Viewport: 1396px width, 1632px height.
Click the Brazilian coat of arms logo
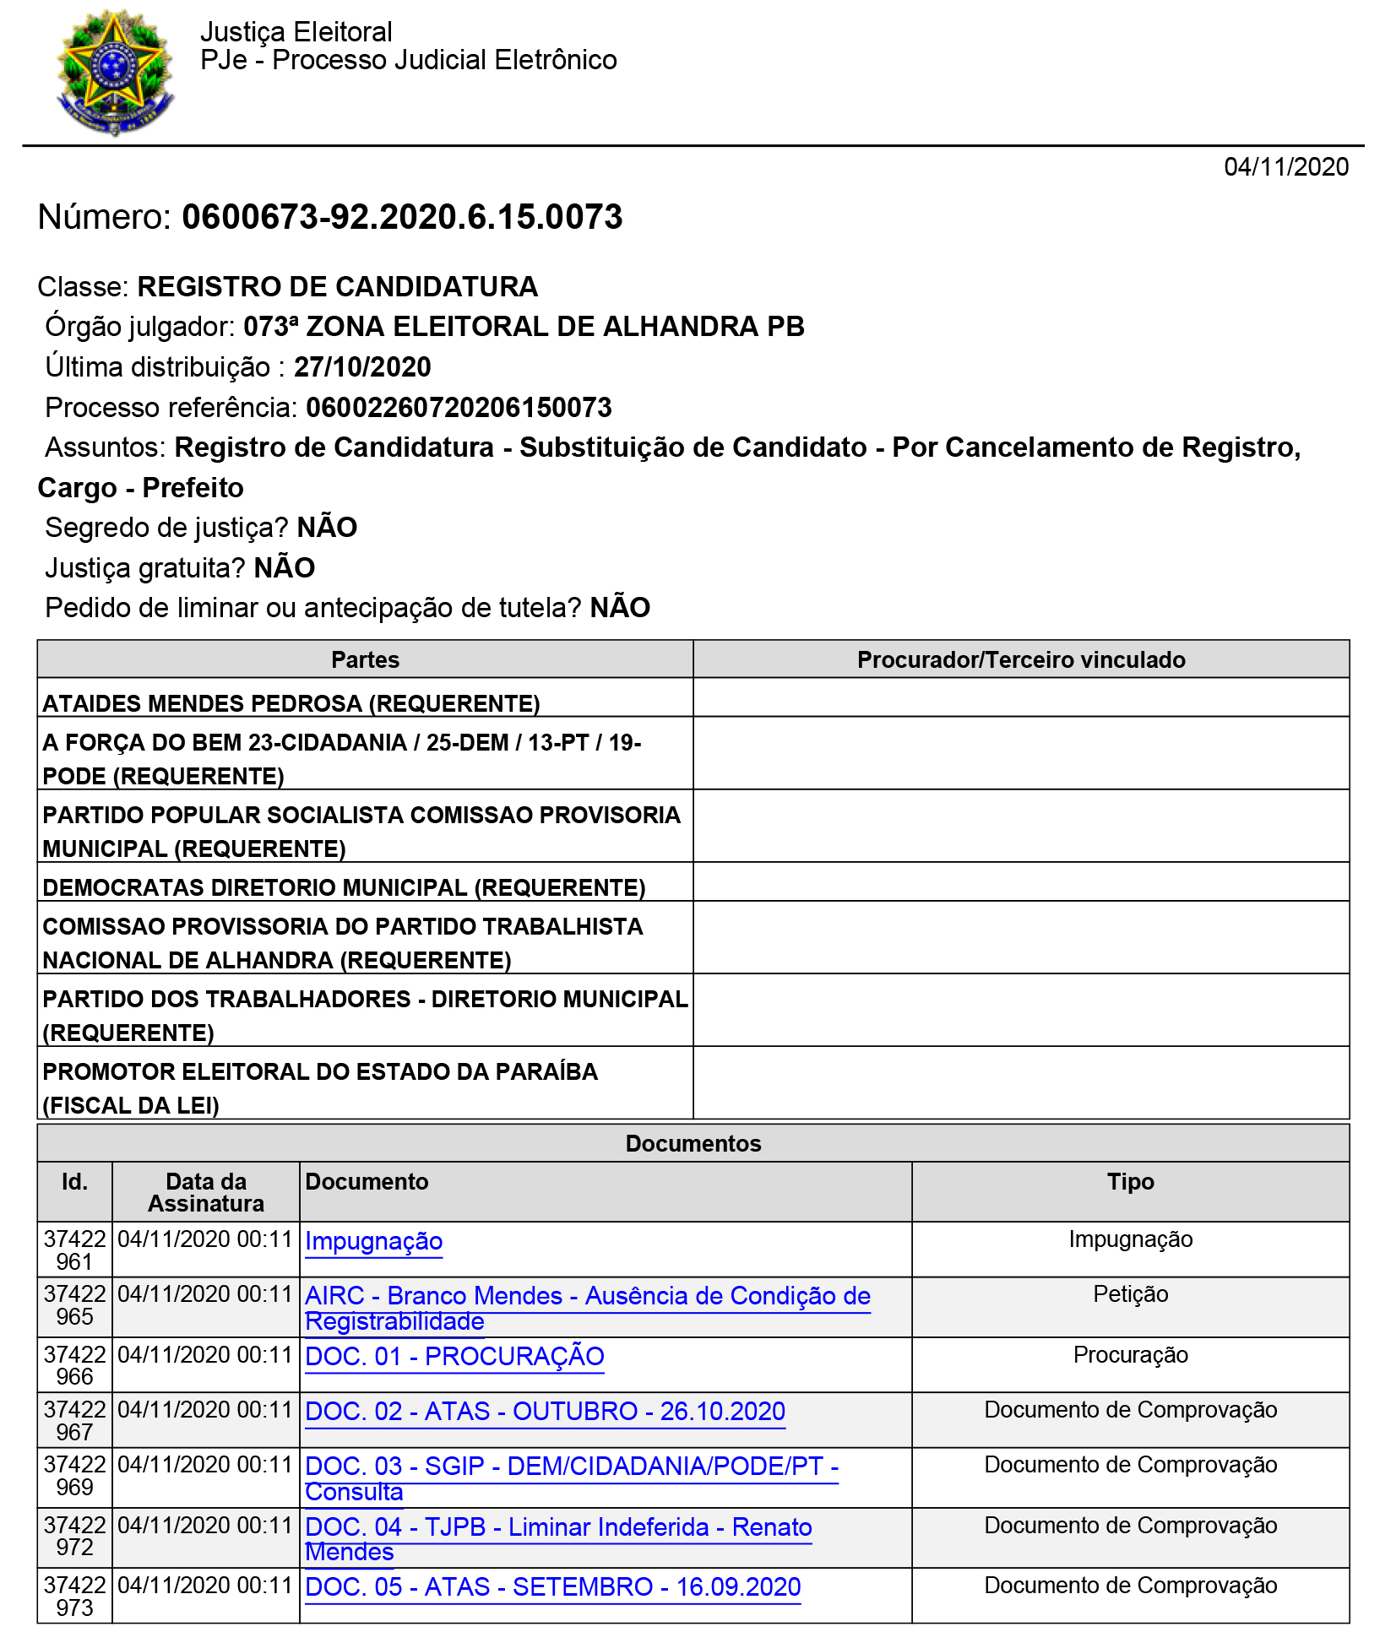tap(115, 72)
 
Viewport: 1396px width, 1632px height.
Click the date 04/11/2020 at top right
tap(1285, 167)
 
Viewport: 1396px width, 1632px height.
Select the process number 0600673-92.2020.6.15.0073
tap(402, 217)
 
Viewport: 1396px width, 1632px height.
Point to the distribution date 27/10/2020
tap(362, 367)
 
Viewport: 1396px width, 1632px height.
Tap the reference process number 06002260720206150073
tap(459, 408)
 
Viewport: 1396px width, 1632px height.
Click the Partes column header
tap(365, 660)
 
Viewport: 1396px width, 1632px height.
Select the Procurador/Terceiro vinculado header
tap(1020, 660)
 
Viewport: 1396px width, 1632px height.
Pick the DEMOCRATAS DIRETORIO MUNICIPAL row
tap(344, 887)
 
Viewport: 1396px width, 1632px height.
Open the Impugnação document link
tap(373, 1241)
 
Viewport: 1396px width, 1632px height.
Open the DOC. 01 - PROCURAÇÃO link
tap(454, 1356)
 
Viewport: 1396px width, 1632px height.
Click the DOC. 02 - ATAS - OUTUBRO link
tap(545, 1412)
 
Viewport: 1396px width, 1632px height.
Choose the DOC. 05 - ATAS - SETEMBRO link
tap(552, 1587)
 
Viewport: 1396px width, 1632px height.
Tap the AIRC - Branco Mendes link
tap(587, 1297)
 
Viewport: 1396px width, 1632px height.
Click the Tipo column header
tap(1130, 1182)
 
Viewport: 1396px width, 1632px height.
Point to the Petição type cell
tap(1130, 1294)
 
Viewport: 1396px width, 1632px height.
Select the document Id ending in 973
tap(74, 1597)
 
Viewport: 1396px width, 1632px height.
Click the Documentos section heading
tap(693, 1144)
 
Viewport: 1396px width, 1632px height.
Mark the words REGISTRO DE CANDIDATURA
tap(337, 287)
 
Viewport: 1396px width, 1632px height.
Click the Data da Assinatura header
tap(206, 1192)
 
